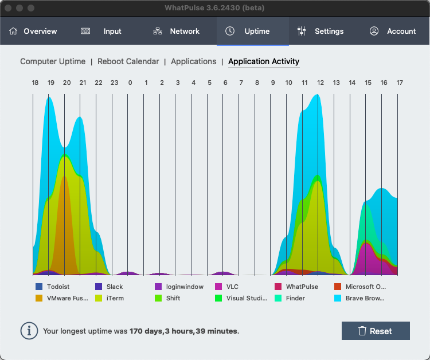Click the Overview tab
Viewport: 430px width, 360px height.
tap(33, 31)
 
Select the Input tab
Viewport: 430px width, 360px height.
tap(101, 31)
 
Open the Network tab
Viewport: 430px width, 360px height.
tap(177, 31)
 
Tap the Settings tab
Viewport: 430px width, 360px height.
tap(320, 31)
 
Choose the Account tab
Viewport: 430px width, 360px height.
tap(393, 31)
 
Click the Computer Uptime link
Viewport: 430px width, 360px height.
tap(53, 61)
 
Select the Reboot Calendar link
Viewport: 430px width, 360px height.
tap(128, 61)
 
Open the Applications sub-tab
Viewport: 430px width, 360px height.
tap(194, 61)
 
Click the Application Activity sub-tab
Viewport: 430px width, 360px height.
tap(264, 61)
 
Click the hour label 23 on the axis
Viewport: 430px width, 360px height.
tap(114, 83)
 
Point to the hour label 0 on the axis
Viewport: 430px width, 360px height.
tap(130, 83)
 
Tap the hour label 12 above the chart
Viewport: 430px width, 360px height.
tap(320, 83)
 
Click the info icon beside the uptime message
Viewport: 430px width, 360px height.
tap(28, 331)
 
